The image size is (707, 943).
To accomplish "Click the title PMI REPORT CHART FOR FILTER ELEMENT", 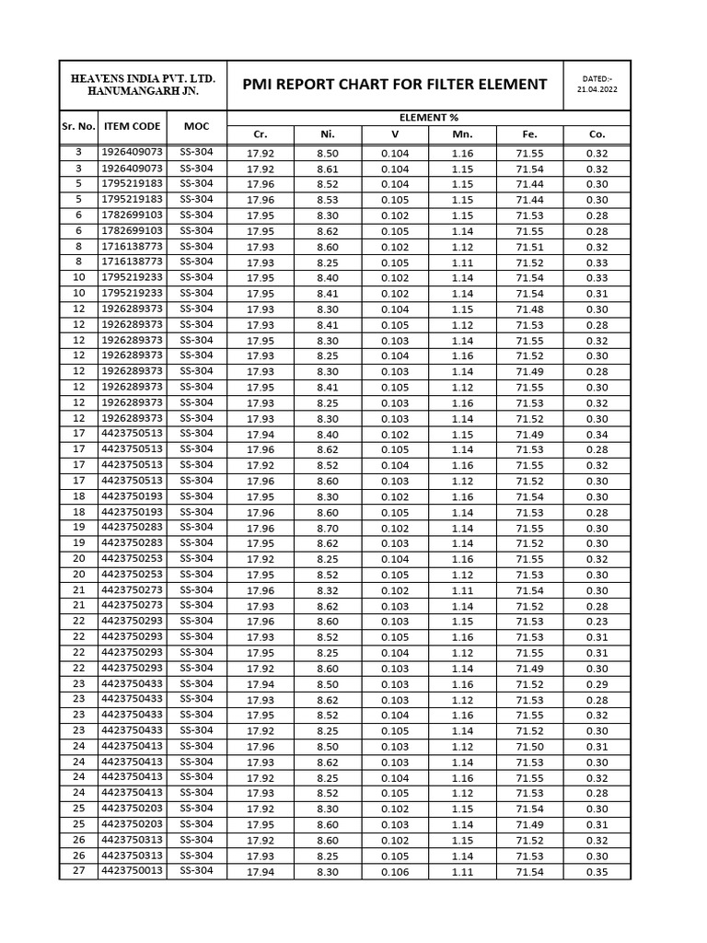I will click(394, 85).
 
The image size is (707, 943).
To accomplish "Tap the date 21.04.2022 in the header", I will click(597, 90).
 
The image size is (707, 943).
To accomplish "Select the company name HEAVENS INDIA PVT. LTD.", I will click(142, 77).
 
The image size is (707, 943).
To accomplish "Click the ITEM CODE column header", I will click(132, 126).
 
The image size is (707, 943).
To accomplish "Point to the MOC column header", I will click(196, 126).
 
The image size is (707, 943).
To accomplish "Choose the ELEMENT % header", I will click(428, 117).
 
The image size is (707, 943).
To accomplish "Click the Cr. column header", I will click(261, 134).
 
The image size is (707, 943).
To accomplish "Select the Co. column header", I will click(597, 134).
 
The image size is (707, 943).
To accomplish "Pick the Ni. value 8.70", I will click(328, 529).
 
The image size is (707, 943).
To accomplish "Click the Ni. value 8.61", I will click(328, 169).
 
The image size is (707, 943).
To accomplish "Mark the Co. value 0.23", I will click(597, 622).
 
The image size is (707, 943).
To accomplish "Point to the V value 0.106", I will click(395, 872).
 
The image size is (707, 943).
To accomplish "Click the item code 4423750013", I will click(132, 871).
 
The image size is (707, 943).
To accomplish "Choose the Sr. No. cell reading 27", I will click(78, 871).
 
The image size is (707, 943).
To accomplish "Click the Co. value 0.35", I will click(597, 872).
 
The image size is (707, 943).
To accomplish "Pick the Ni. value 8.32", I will click(328, 591).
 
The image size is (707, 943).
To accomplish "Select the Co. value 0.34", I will click(597, 435).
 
